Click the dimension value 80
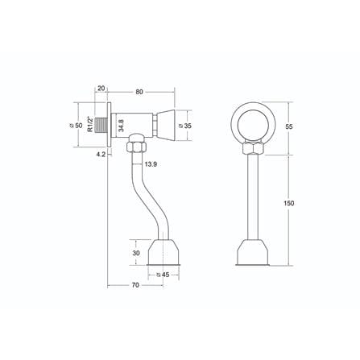click(139, 92)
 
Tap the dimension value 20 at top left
click(101, 89)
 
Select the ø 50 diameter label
click(77, 126)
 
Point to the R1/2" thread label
click(90, 124)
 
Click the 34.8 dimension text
click(121, 126)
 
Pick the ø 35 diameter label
click(185, 126)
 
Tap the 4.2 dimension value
click(101, 154)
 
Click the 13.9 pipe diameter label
click(151, 164)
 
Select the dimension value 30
click(136, 253)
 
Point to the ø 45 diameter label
click(163, 275)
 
